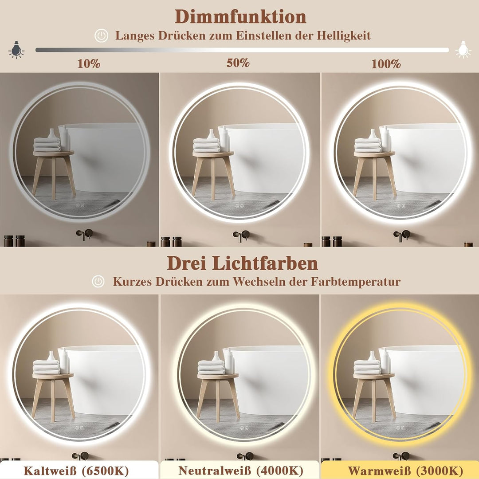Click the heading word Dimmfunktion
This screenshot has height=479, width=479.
240,17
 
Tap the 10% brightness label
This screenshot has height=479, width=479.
89,63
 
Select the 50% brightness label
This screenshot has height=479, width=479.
238,63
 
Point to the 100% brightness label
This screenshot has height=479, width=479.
386,64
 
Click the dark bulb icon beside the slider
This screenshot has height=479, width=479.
16,50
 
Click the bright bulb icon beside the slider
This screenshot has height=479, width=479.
463,50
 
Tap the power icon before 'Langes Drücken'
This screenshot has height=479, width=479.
102,36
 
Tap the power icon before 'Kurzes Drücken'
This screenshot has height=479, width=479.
98,281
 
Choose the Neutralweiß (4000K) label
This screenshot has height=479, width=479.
240,470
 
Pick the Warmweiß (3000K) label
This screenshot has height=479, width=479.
399,470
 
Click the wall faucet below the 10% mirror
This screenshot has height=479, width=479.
84,234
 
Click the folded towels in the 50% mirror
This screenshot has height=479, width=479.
206,145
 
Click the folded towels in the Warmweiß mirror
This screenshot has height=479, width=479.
367,367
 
